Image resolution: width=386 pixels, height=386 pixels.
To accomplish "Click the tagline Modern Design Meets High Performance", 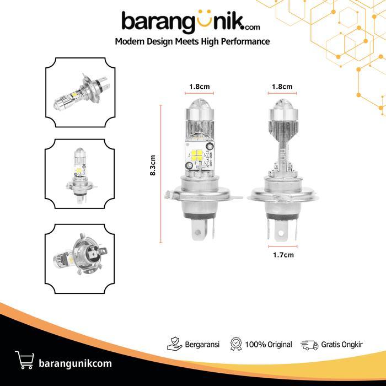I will point(192,42).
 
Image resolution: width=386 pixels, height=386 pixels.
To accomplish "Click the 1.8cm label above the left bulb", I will point(199,87).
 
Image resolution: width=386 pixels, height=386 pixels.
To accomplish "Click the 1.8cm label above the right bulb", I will point(282,87).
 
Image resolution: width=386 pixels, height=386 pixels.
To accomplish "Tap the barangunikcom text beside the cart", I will point(76,363).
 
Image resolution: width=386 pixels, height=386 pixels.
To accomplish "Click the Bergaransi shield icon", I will point(174,345).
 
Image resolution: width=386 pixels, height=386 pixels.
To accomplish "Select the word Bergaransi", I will point(202,345).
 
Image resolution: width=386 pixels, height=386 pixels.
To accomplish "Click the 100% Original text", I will point(269,345).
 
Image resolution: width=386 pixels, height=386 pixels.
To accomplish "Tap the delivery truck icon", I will point(309,345).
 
